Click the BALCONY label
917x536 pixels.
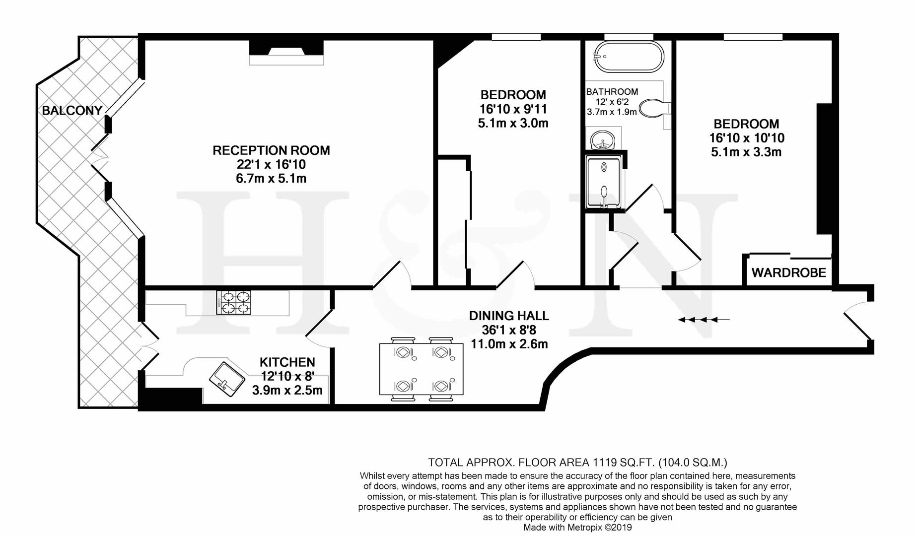(x=72, y=110)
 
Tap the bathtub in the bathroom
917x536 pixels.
(x=629, y=57)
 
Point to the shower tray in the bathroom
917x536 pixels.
(x=603, y=181)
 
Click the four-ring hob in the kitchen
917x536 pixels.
(x=233, y=302)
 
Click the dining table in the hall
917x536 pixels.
(x=422, y=369)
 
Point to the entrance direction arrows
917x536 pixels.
(x=703, y=320)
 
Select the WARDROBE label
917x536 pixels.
(x=788, y=272)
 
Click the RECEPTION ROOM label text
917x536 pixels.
(x=271, y=150)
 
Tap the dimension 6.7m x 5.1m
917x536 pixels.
(x=271, y=178)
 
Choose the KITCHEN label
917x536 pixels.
(x=287, y=362)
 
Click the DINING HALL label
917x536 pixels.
(x=509, y=316)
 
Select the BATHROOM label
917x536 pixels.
(x=612, y=92)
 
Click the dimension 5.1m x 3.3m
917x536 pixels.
(x=746, y=152)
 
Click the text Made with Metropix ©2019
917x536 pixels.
(x=577, y=528)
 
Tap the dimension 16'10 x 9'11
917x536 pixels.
(x=513, y=109)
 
